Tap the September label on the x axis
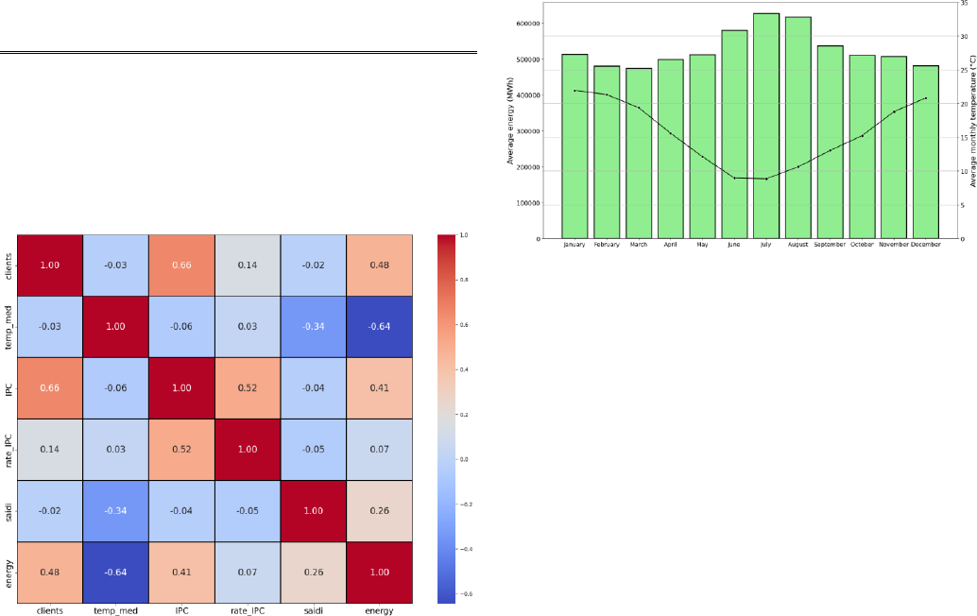click(830, 245)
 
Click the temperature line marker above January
click(574, 91)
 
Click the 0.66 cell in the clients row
click(180, 265)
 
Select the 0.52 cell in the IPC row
click(247, 387)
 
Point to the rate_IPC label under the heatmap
click(247, 611)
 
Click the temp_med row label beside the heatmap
click(9, 327)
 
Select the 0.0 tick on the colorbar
click(464, 459)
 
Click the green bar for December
click(926, 151)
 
